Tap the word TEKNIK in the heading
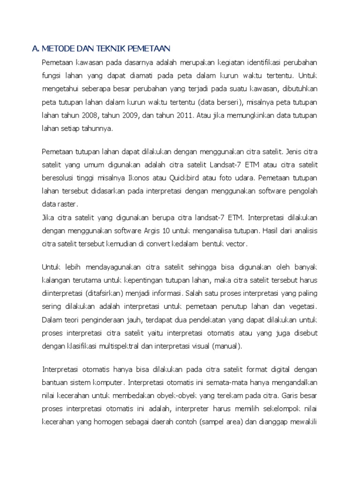[x=107, y=48]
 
